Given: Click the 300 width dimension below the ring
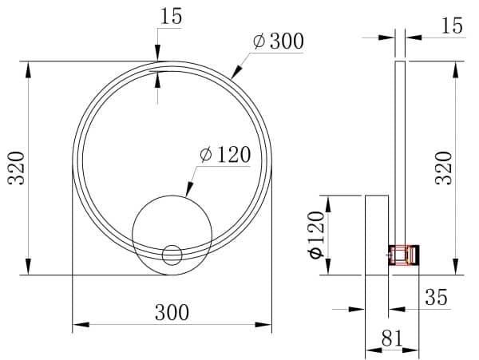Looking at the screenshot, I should click(172, 312).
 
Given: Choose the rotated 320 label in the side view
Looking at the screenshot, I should click(444, 168).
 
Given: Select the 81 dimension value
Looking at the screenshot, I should click(391, 338).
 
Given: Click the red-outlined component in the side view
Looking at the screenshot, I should click(404, 255).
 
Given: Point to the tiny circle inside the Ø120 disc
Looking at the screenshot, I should click(172, 255).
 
